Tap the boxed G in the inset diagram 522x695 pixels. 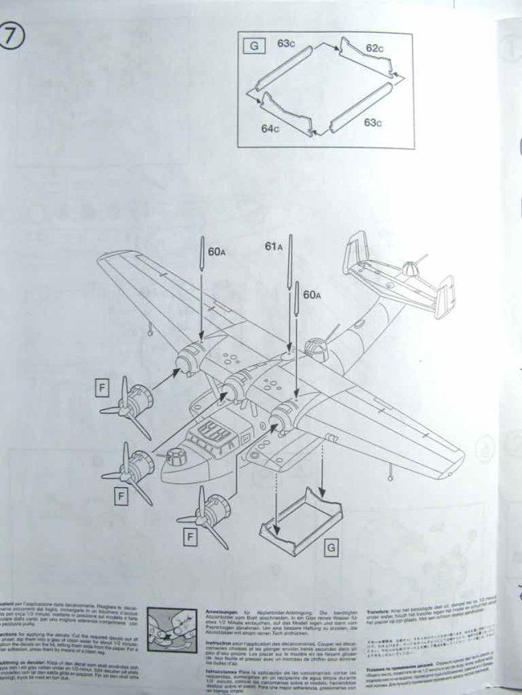(254, 46)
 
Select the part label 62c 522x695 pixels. (373, 49)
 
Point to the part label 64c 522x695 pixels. (269, 129)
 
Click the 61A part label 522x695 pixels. (273, 246)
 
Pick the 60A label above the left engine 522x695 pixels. (215, 253)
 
